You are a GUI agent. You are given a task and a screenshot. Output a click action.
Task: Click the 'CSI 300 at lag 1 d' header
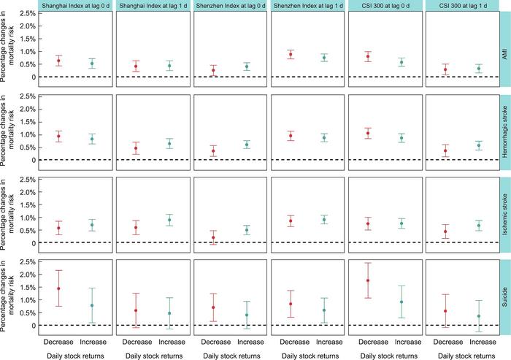tap(458, 6)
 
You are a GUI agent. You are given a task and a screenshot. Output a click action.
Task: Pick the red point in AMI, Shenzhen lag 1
tap(291, 55)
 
